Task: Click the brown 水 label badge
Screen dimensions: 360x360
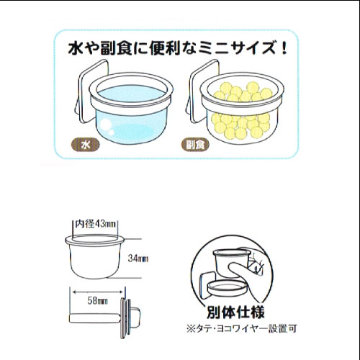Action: point(86,145)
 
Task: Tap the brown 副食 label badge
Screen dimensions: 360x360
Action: point(195,145)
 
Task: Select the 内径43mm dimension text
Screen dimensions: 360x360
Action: point(96,224)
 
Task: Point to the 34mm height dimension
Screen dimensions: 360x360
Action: point(138,258)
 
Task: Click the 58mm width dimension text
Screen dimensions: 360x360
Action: point(97,301)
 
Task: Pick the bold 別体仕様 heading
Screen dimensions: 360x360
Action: point(235,312)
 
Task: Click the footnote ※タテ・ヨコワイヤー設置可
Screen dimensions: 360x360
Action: point(242,328)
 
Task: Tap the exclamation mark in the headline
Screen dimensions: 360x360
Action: point(284,48)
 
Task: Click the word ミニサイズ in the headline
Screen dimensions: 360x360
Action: point(242,48)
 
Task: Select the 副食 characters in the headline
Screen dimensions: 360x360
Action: point(116,48)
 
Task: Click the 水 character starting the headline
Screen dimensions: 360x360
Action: point(76,48)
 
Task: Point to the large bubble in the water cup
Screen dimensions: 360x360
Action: point(105,125)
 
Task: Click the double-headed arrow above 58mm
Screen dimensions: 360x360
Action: point(97,292)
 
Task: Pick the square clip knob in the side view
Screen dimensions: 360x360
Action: point(135,317)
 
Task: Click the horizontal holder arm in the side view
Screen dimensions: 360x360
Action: point(95,318)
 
